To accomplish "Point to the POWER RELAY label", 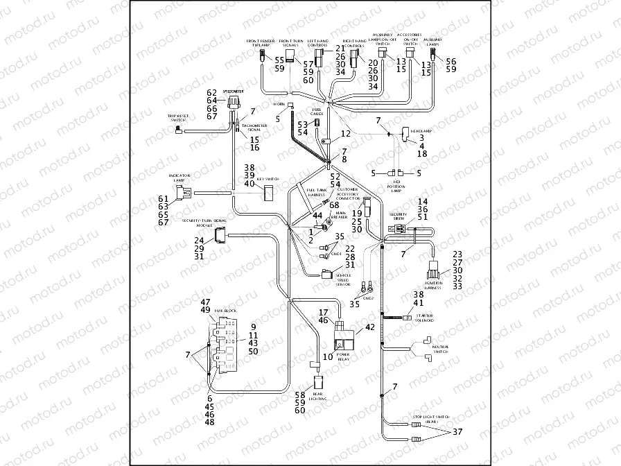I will click(x=342, y=356).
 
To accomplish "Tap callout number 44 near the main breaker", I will click(x=317, y=216).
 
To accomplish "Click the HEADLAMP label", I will click(x=421, y=130).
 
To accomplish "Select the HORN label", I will click(x=279, y=104).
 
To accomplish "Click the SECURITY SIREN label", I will click(x=398, y=217).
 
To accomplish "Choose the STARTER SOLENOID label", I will click(x=423, y=318).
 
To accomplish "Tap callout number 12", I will click(x=345, y=133).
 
